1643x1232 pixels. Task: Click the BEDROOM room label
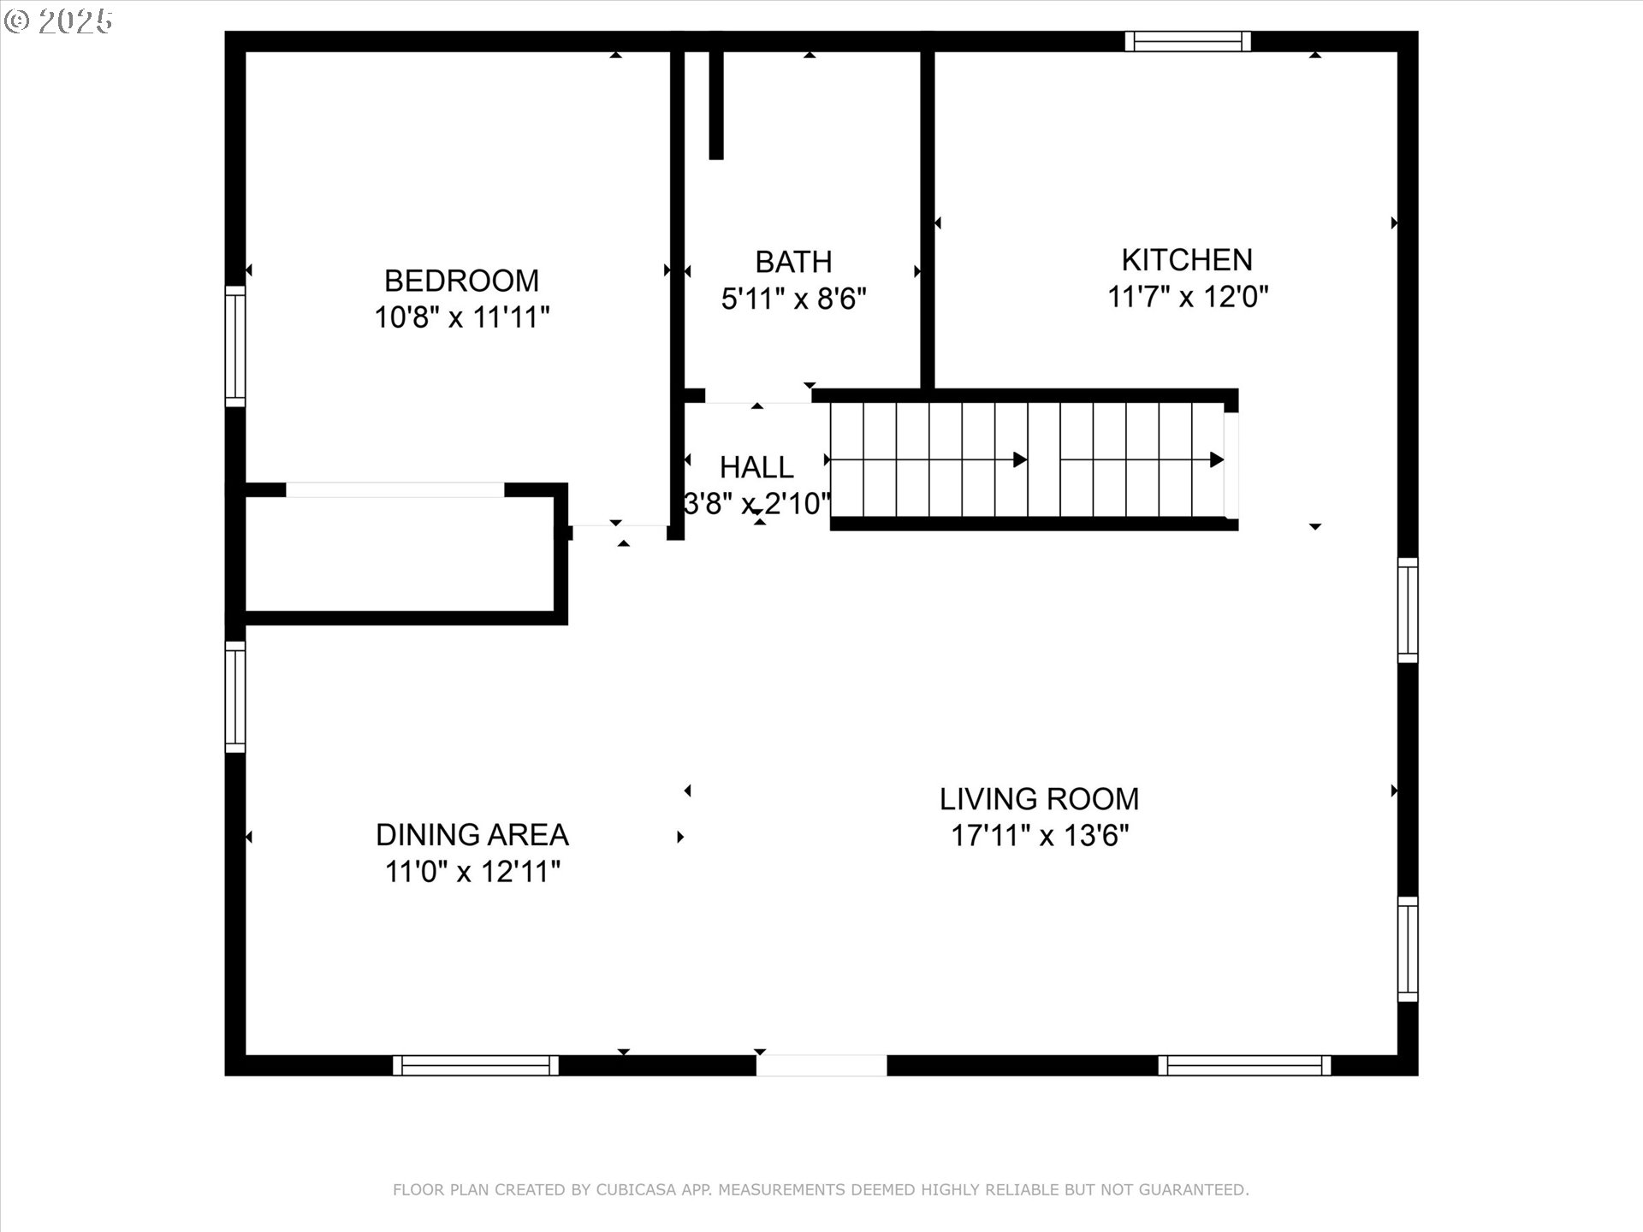[461, 281]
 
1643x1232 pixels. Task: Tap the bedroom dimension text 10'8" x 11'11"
[461, 317]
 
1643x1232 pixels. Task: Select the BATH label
[793, 262]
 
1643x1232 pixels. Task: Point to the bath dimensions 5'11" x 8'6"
[793, 299]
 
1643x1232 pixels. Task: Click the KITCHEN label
[1187, 259]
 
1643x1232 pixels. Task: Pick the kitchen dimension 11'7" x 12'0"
[1188, 297]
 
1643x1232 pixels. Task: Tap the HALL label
[756, 467]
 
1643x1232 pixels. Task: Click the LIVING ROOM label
[1039, 799]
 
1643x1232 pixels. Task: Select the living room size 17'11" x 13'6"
[1040, 835]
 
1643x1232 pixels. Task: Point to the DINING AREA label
[472, 834]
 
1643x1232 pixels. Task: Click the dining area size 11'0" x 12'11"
[472, 872]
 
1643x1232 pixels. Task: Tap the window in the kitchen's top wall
[1188, 41]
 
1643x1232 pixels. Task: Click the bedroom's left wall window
[235, 346]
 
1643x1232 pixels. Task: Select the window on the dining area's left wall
[235, 696]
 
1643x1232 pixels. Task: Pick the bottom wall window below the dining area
[476, 1065]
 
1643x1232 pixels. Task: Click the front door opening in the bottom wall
[821, 1065]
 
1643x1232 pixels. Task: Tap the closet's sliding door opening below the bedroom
[394, 490]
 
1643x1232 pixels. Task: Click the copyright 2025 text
[58, 21]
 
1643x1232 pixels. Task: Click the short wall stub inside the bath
[716, 105]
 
